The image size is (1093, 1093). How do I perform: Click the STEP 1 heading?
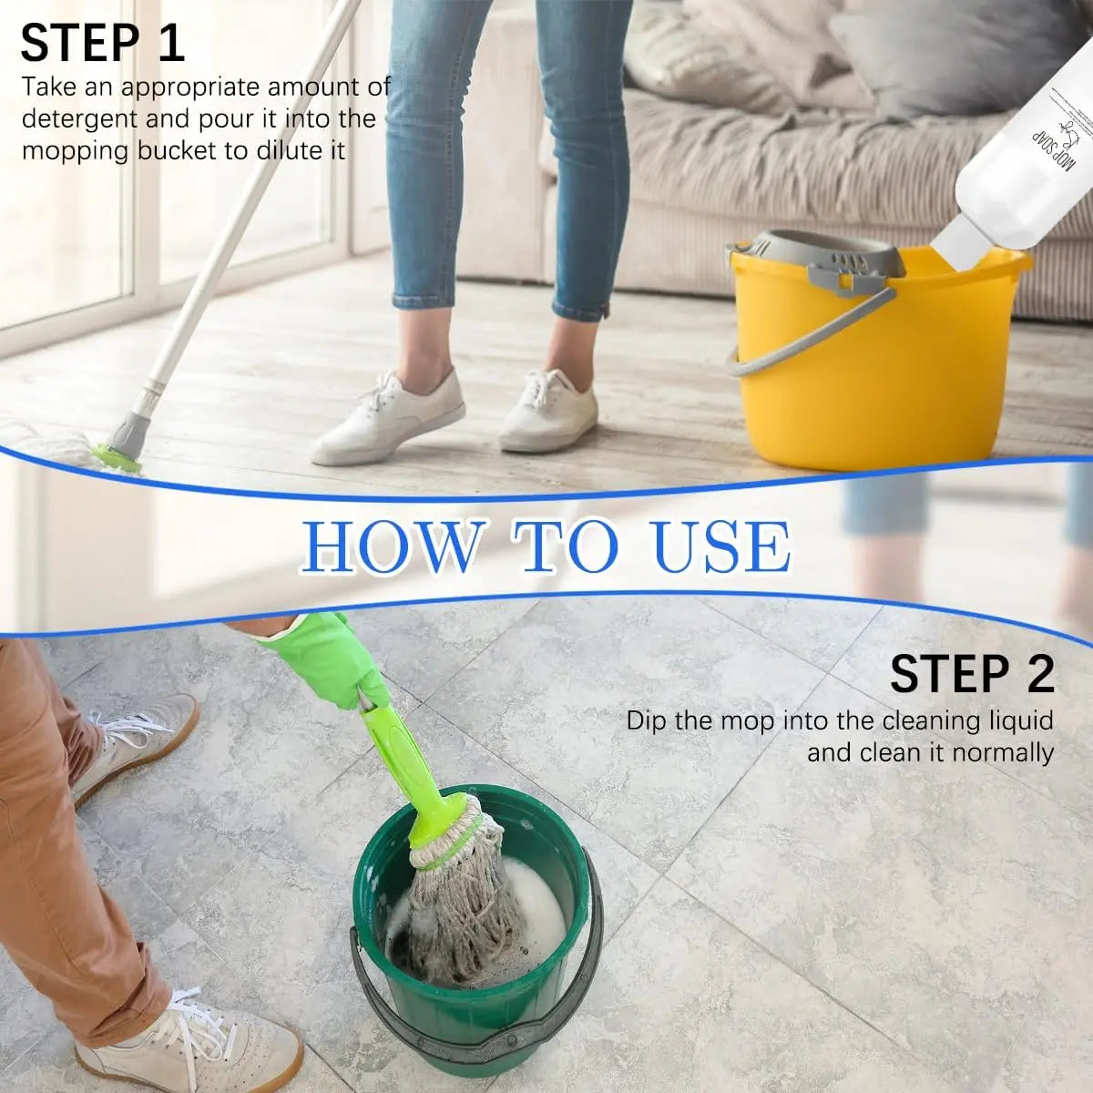click(x=102, y=43)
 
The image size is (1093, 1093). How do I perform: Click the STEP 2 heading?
click(x=972, y=674)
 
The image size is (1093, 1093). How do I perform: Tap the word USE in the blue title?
click(x=720, y=546)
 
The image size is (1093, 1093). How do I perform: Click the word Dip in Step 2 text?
click(x=646, y=721)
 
